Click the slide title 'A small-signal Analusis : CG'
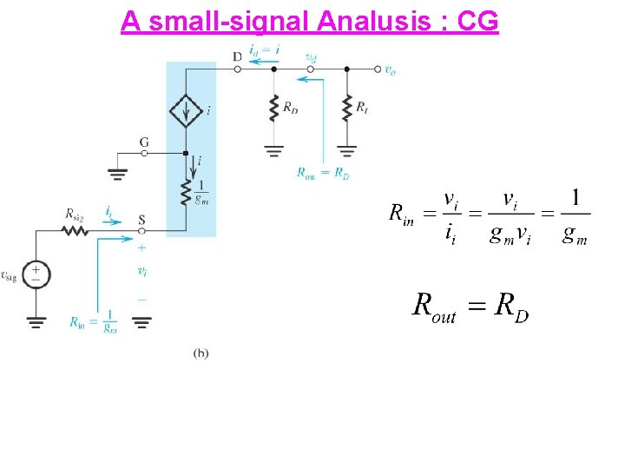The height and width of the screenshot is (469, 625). [310, 20]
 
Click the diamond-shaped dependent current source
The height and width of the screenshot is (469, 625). [185, 110]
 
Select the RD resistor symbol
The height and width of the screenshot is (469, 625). [274, 109]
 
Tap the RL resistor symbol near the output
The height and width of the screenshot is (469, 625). [347, 108]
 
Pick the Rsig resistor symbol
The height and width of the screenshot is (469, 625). [75, 231]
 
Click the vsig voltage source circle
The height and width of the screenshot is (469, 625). [36, 274]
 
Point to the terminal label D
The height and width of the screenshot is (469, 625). [237, 57]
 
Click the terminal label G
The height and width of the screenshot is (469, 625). [144, 141]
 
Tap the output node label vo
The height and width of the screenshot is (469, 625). [391, 69]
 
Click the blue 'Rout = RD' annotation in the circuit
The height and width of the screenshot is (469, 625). [322, 173]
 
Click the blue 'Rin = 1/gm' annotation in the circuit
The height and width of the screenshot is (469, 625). [94, 322]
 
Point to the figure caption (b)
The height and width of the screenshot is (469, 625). [201, 353]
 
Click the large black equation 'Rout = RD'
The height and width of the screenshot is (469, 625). [470, 307]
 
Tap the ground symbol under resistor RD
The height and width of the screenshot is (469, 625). [274, 149]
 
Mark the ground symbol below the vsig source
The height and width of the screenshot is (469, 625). [36, 322]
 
